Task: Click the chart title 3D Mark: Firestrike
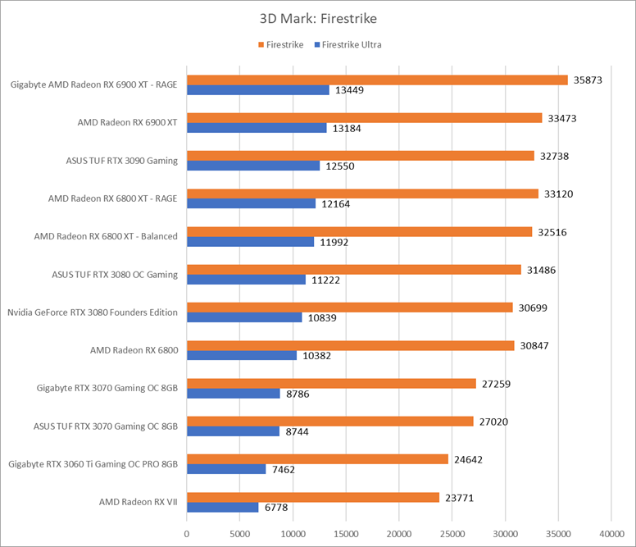coord(318,19)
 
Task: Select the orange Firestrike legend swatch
coord(261,44)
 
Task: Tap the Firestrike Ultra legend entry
coord(348,44)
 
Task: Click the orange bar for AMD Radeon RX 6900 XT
coord(364,117)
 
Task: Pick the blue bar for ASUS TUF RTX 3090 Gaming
coord(253,166)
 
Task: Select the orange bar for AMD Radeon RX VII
coord(313,498)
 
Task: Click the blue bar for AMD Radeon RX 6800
coord(242,355)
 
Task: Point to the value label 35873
coord(588,80)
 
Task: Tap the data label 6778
coord(276,508)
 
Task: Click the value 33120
coord(558,194)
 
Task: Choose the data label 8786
coord(298,394)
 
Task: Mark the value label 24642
coord(469,460)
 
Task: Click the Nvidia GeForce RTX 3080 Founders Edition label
coord(93,312)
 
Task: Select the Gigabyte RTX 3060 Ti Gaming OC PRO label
coord(93,464)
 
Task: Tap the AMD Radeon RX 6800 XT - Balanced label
coord(106,236)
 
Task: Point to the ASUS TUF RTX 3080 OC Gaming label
coord(115,275)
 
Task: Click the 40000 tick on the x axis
coord(611,534)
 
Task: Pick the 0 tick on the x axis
coord(187,534)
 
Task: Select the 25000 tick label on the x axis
coord(452,534)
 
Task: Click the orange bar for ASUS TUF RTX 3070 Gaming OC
coord(330,422)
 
